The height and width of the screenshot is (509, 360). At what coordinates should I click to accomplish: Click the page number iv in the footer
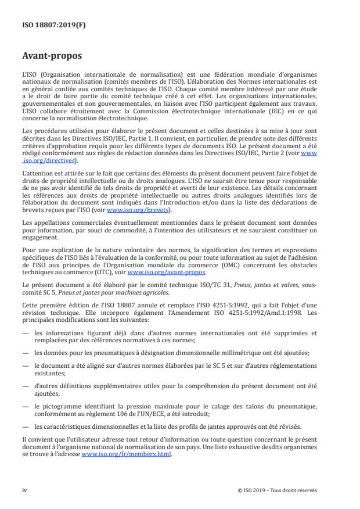(x=25, y=490)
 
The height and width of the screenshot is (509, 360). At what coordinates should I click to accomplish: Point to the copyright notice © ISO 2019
(x=278, y=490)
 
